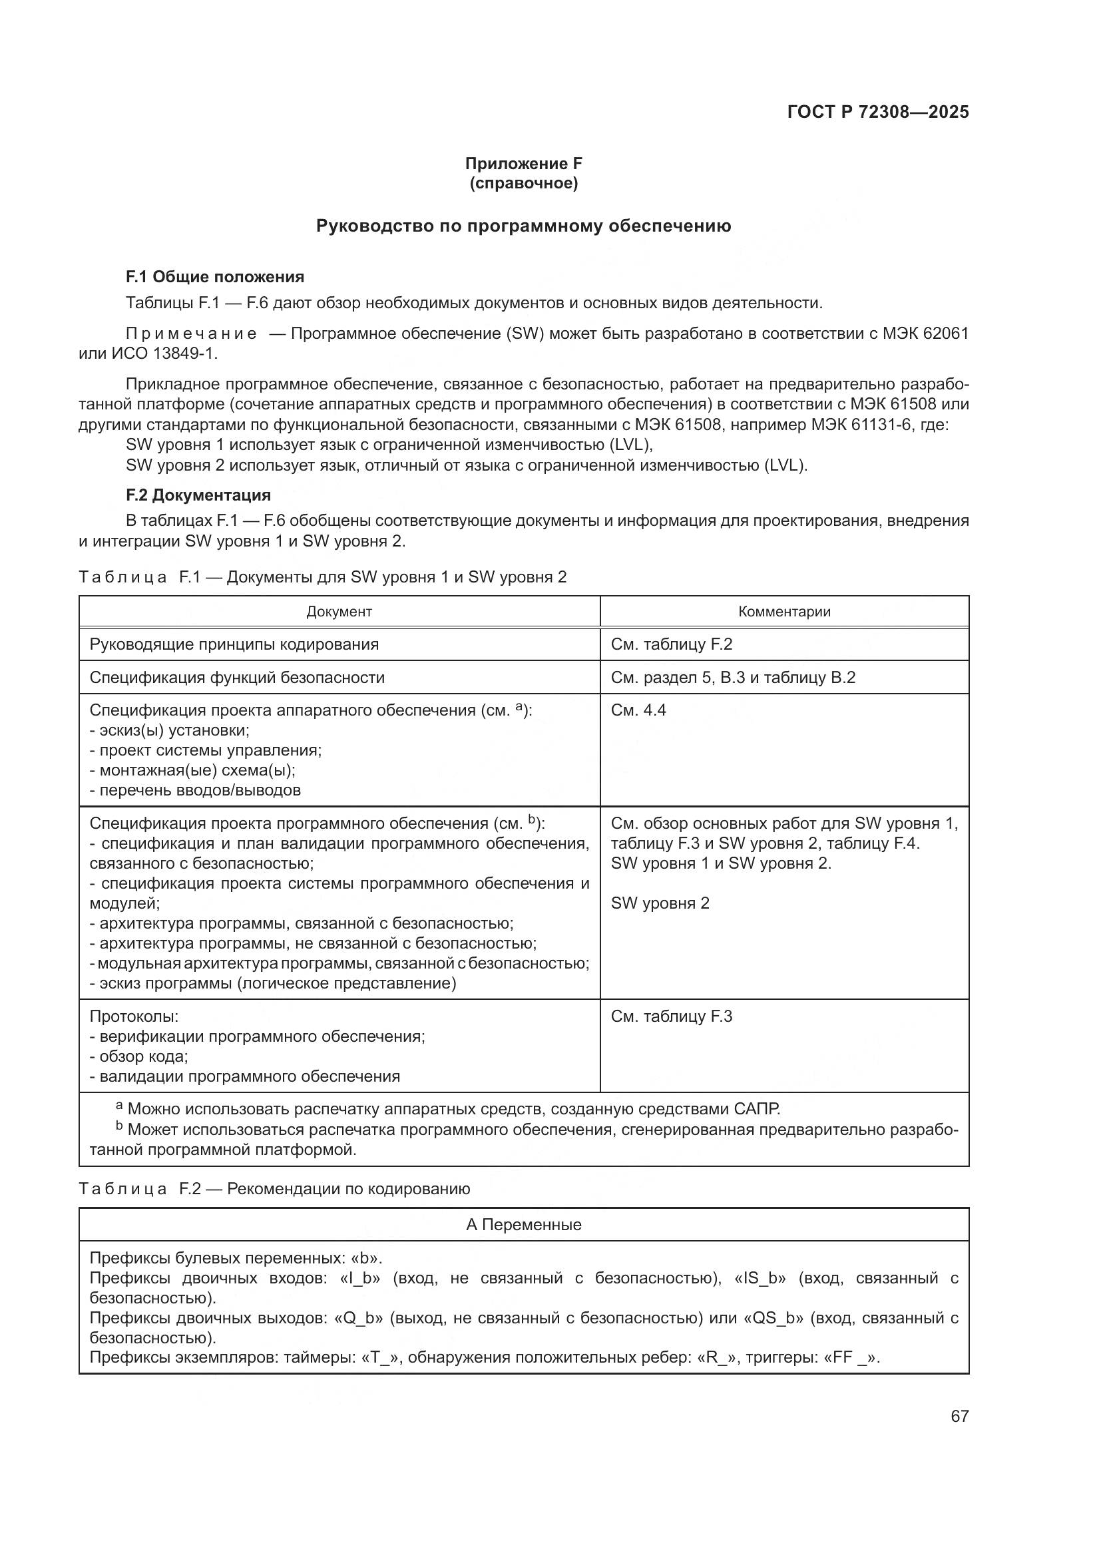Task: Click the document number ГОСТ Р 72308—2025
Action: click(x=878, y=112)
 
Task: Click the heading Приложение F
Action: click(x=523, y=164)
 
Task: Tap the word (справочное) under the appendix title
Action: click(x=523, y=183)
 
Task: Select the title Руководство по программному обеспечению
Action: click(x=523, y=226)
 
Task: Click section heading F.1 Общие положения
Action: click(x=215, y=277)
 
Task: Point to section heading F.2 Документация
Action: click(x=198, y=495)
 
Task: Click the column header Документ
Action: click(x=339, y=612)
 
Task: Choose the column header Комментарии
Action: click(x=783, y=612)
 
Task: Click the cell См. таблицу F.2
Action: click(x=671, y=644)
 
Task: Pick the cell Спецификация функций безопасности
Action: click(x=236, y=678)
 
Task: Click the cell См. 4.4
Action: click(x=638, y=710)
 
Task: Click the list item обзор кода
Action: click(x=143, y=1056)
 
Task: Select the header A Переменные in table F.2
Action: click(x=523, y=1225)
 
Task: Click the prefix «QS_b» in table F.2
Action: click(x=773, y=1318)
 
